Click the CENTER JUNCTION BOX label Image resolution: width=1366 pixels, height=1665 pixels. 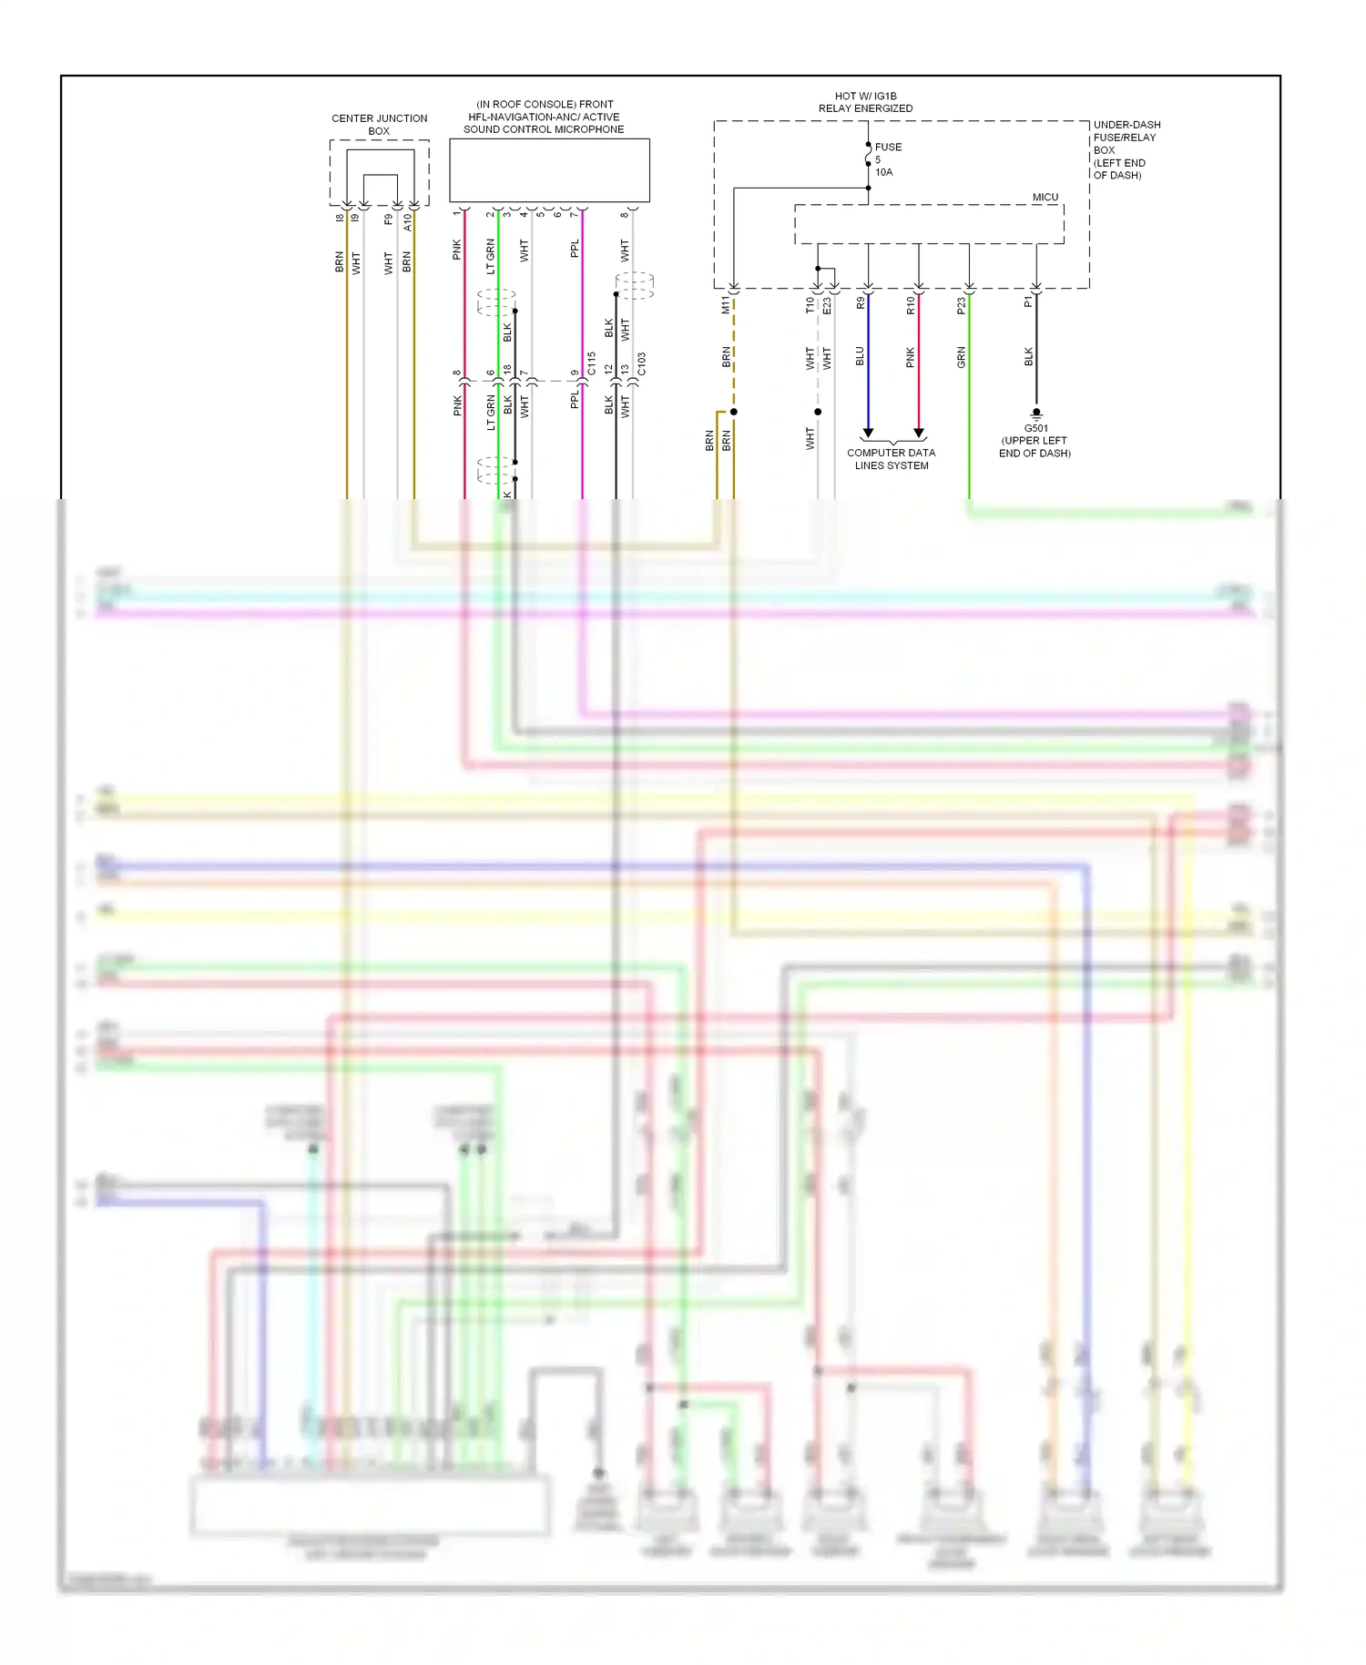pos(379,125)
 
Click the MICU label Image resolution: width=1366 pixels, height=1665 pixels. pos(1045,197)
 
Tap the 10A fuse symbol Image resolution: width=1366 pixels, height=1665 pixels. pos(868,159)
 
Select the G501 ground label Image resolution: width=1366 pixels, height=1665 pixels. pos(1035,428)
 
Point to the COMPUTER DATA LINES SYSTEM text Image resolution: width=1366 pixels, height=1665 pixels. pos(891,459)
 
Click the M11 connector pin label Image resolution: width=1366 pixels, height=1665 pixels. pos(726,305)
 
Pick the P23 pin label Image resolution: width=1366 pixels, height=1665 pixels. pos(961,307)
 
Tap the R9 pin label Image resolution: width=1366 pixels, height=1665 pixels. pos(861,303)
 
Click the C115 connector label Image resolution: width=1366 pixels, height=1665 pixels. pos(592,363)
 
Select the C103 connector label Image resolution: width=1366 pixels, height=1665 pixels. pos(641,364)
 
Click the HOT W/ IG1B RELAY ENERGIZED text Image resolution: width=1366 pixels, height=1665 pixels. pos(864,102)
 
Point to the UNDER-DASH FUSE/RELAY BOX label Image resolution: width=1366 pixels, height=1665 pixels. pos(1126,149)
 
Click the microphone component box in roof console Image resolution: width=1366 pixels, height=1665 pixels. pos(549,170)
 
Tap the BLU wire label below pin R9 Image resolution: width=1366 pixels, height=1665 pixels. pos(860,356)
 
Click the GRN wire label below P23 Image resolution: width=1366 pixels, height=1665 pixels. pos(961,357)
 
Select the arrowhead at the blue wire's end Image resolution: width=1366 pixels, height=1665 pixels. pos(868,433)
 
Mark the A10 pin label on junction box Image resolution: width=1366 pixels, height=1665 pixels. pos(407,221)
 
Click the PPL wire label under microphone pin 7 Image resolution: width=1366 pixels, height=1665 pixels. pos(575,249)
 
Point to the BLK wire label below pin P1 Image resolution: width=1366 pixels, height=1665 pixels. pos(1028,356)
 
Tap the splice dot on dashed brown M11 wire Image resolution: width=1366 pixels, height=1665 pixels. pos(733,412)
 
